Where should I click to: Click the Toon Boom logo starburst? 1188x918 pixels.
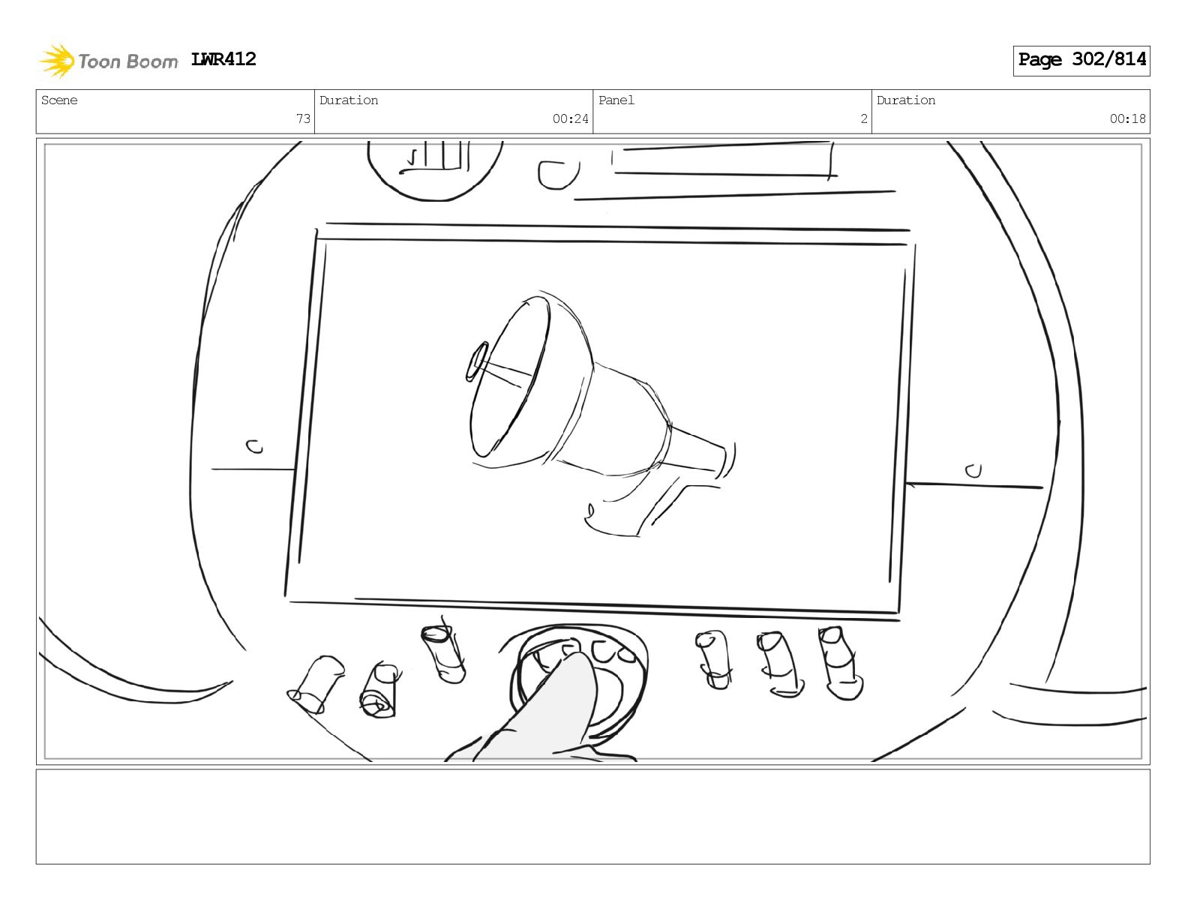pyautogui.click(x=57, y=61)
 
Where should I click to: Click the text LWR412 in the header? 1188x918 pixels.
pyautogui.click(x=223, y=59)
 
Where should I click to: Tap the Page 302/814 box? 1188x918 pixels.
pyautogui.click(x=1081, y=61)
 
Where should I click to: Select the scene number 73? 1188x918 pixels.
pyautogui.click(x=303, y=118)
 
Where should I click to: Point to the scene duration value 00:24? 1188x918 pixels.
pyautogui.click(x=570, y=118)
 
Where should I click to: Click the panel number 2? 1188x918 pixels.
pyautogui.click(x=864, y=118)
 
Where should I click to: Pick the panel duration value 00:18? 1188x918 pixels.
pyautogui.click(x=1127, y=118)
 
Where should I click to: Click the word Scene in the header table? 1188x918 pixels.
pyautogui.click(x=59, y=100)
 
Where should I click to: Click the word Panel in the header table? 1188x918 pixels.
pyautogui.click(x=616, y=100)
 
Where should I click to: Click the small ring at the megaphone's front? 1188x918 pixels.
pyautogui.click(x=475, y=361)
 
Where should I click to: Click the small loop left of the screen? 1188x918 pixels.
pyautogui.click(x=254, y=447)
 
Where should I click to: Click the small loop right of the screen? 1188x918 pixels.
pyautogui.click(x=973, y=471)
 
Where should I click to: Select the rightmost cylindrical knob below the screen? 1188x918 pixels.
pyautogui.click(x=840, y=663)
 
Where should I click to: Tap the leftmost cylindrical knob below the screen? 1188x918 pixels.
pyautogui.click(x=316, y=685)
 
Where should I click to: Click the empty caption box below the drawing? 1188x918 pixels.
pyautogui.click(x=593, y=817)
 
